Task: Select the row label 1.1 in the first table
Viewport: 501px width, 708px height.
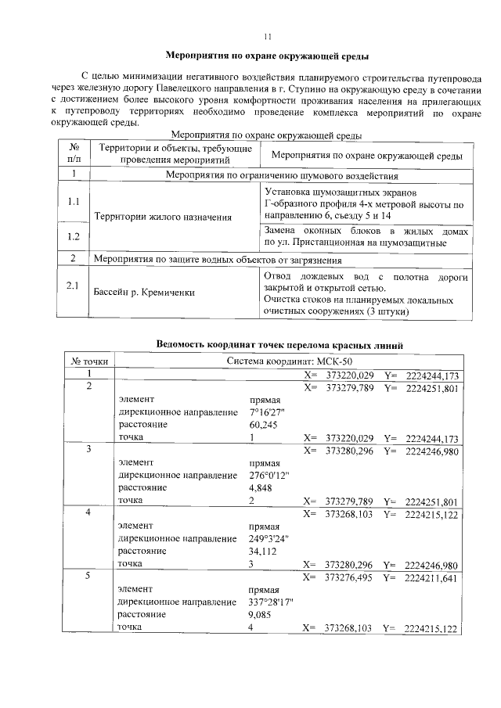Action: tap(73, 202)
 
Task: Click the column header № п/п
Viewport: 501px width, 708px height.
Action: tap(73, 153)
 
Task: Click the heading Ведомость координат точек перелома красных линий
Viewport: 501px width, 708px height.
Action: tap(279, 345)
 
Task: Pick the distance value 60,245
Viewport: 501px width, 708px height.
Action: tap(263, 425)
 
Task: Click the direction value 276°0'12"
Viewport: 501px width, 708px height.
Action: tap(270, 475)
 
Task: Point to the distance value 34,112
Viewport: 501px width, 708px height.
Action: tap(263, 551)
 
